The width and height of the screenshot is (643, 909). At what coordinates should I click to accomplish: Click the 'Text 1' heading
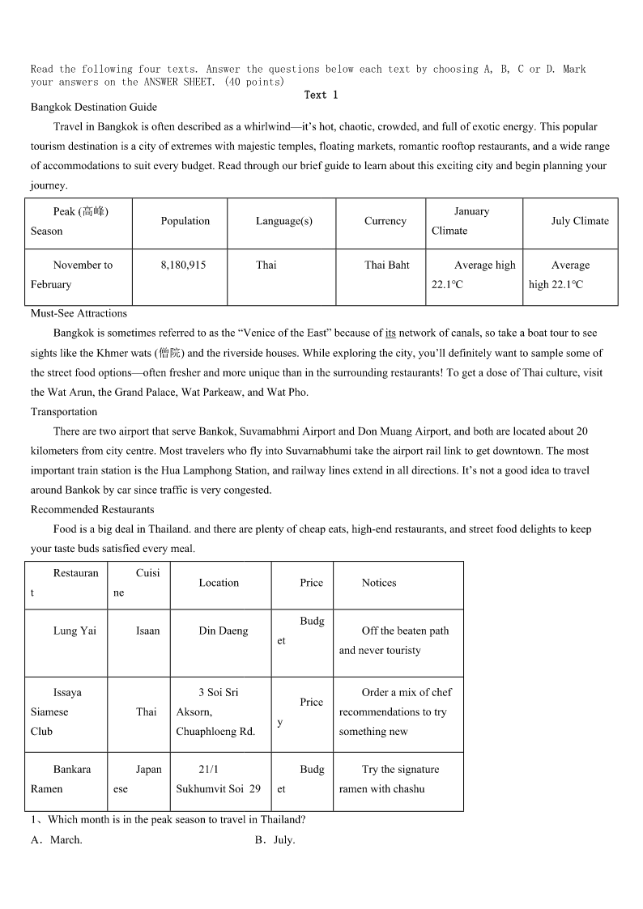pyautogui.click(x=321, y=95)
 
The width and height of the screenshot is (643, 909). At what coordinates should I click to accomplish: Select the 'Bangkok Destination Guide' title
pyautogui.click(x=94, y=107)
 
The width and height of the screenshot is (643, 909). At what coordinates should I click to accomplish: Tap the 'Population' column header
pyautogui.click(x=185, y=221)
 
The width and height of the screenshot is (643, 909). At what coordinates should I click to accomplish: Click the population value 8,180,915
pyautogui.click(x=183, y=265)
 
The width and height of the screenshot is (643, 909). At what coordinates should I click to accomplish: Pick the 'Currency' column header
pyautogui.click(x=385, y=221)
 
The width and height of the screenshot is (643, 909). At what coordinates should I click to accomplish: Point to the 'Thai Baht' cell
pyautogui.click(x=387, y=265)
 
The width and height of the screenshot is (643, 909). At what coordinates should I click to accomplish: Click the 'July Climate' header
pyautogui.click(x=580, y=221)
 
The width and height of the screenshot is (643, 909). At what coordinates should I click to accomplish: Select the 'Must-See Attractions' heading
pyautogui.click(x=79, y=313)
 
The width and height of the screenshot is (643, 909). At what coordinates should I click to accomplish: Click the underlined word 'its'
pyautogui.click(x=390, y=333)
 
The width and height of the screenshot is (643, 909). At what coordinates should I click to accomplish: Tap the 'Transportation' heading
pyautogui.click(x=64, y=412)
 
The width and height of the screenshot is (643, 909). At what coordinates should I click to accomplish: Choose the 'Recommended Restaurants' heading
pyautogui.click(x=92, y=510)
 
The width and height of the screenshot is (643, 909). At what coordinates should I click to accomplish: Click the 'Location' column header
pyautogui.click(x=219, y=583)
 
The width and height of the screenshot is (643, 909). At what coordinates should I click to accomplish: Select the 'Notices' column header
pyautogui.click(x=379, y=583)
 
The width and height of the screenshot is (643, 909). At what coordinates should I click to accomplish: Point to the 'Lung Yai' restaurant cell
pyautogui.click(x=75, y=631)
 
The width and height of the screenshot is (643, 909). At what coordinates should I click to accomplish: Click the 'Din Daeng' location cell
pyautogui.click(x=224, y=631)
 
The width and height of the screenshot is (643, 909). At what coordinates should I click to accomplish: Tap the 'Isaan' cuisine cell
pyautogui.click(x=148, y=631)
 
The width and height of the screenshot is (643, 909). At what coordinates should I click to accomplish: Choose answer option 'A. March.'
pyautogui.click(x=57, y=840)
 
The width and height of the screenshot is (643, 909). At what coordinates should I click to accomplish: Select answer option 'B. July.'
pyautogui.click(x=275, y=840)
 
